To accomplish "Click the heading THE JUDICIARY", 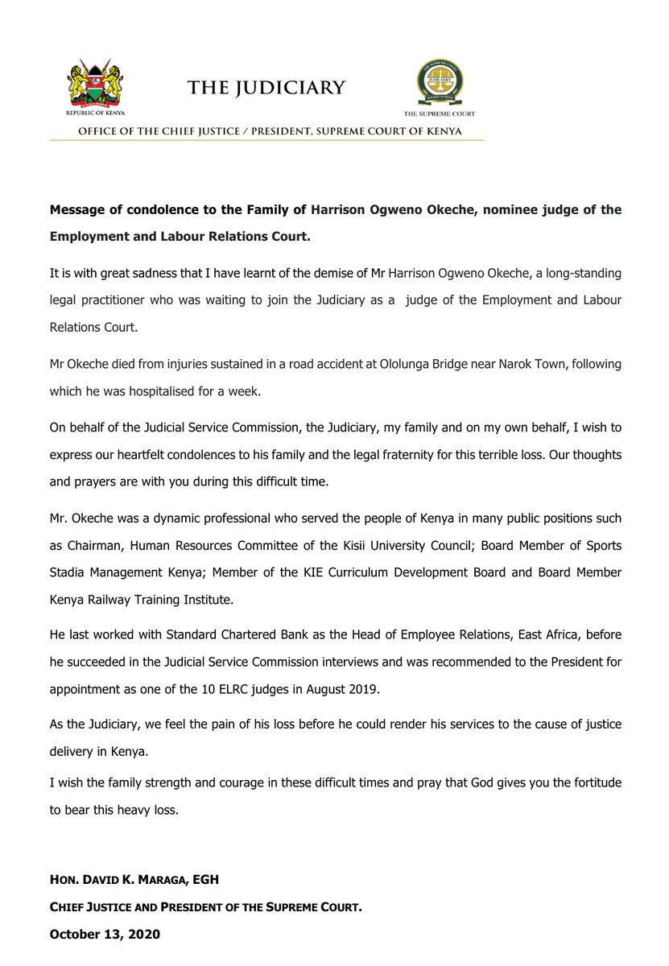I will tap(266, 88).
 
